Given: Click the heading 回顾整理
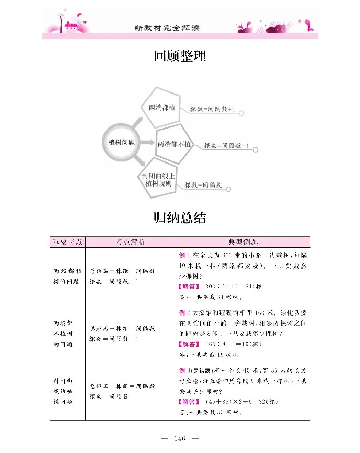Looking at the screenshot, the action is click(x=180, y=56).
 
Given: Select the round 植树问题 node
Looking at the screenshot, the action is click(x=121, y=142).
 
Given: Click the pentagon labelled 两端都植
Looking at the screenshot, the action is click(x=161, y=108).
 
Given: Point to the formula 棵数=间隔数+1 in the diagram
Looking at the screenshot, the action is click(x=213, y=110).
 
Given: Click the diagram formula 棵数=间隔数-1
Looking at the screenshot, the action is click(x=227, y=146).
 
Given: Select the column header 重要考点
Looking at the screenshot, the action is click(x=67, y=242).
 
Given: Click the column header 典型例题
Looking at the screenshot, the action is click(x=243, y=242).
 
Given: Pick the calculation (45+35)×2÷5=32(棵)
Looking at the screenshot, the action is click(x=243, y=402).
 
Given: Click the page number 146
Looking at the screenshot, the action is click(x=180, y=438).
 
